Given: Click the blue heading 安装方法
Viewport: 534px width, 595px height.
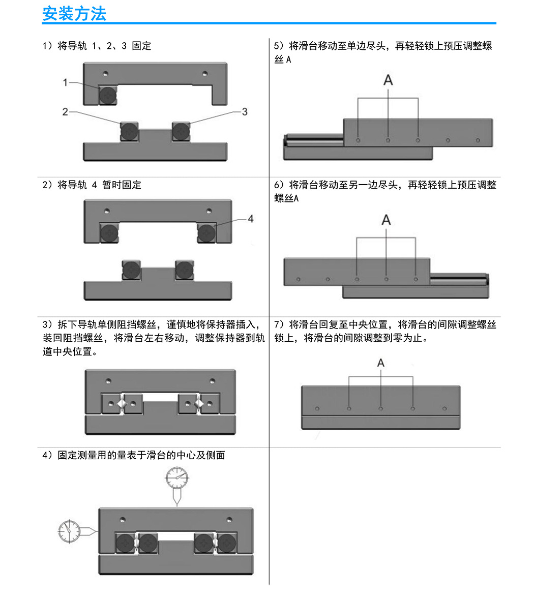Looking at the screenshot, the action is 74,14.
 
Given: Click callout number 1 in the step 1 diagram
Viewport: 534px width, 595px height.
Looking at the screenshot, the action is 65,82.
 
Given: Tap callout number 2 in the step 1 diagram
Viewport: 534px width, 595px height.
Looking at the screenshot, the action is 65,111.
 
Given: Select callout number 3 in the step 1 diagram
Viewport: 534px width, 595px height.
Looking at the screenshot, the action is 245,111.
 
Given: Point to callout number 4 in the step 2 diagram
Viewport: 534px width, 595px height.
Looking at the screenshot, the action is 251,219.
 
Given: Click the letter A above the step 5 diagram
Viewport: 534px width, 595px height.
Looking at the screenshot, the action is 388,80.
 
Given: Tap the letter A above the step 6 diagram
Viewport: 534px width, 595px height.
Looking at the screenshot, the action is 386,220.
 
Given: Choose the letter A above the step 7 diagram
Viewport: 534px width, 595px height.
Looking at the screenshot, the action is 381,363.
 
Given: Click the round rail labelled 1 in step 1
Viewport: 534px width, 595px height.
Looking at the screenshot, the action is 108,95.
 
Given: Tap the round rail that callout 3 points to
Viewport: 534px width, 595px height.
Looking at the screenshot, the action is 181,131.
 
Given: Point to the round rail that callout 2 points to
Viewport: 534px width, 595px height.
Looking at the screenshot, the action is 129,131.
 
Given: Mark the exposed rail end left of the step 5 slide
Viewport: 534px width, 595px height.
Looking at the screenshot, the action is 314,140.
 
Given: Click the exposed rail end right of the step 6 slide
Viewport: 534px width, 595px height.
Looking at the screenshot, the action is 459,279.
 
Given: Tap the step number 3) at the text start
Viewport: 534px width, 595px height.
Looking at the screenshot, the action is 47,324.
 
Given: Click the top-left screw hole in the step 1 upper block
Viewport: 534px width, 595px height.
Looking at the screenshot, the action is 105,73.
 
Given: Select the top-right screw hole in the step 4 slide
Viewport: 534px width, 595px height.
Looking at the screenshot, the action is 229,520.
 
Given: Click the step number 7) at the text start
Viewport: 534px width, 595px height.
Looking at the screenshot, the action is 279,324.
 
